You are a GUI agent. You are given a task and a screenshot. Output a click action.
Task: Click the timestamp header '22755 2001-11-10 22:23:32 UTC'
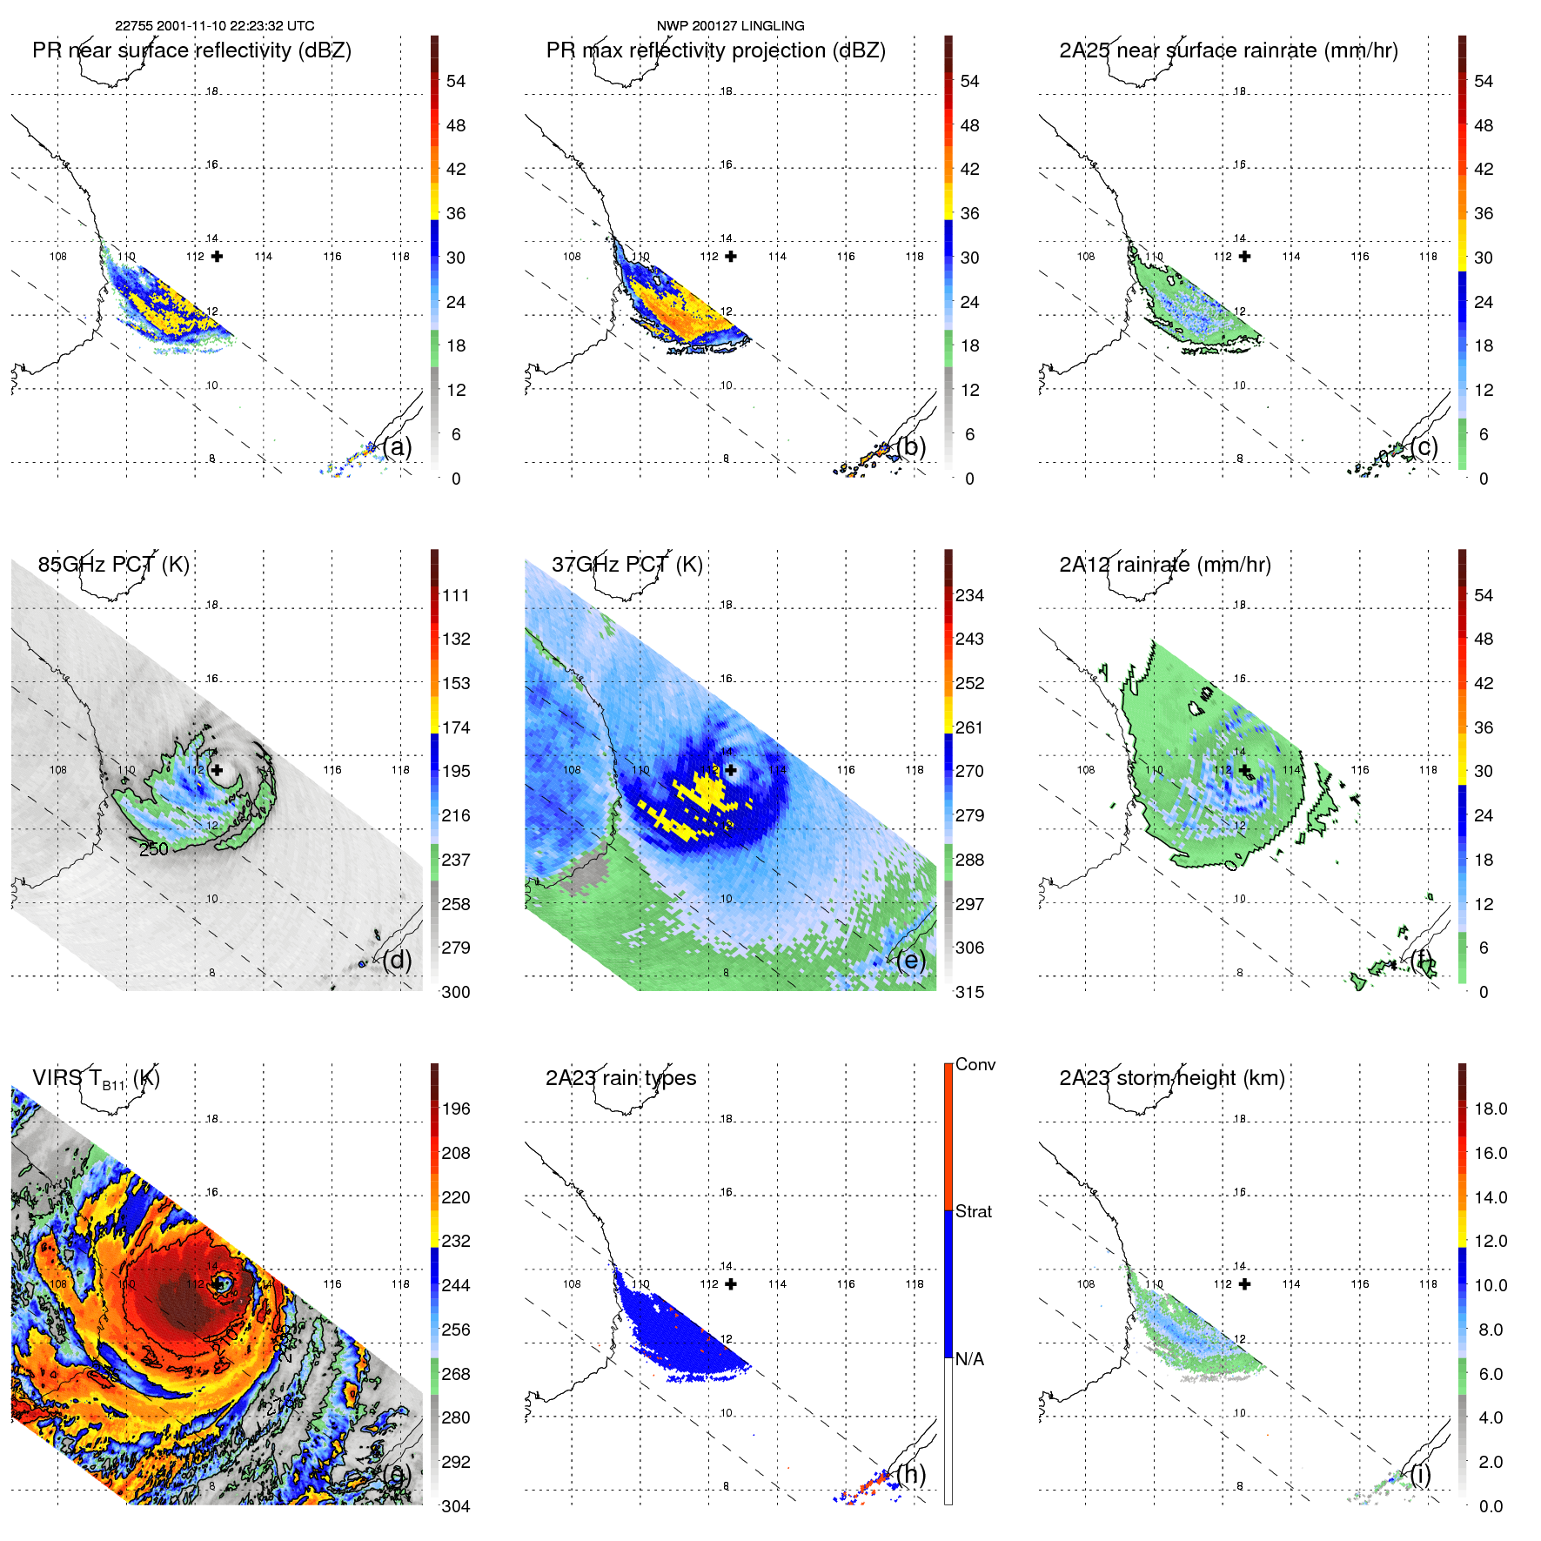click(215, 25)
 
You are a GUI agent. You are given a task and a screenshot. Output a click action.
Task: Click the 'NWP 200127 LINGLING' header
click(730, 25)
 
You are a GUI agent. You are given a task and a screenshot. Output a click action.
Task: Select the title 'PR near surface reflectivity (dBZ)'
click(191, 50)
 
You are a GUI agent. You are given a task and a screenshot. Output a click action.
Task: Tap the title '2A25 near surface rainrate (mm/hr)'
click(1228, 50)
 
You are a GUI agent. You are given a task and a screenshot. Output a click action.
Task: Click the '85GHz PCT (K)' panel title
click(113, 565)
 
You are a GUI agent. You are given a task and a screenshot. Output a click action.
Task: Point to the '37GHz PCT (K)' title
click(626, 565)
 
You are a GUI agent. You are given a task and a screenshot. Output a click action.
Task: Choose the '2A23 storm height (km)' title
click(1171, 1078)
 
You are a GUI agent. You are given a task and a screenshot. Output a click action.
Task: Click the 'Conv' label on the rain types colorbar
click(975, 1064)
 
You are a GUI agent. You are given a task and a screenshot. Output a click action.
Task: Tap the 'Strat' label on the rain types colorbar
click(973, 1211)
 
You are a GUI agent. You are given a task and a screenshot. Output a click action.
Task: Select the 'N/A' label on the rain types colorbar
click(969, 1359)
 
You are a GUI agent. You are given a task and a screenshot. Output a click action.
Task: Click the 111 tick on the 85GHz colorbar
click(455, 595)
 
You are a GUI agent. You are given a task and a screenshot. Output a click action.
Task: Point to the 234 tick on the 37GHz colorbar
click(969, 595)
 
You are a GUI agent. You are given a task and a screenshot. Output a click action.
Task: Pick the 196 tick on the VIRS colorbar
click(455, 1109)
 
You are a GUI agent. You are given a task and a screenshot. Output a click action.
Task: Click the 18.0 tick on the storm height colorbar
click(1490, 1109)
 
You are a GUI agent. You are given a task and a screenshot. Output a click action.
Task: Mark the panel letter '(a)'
click(397, 446)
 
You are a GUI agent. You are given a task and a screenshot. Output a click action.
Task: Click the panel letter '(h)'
click(911, 1474)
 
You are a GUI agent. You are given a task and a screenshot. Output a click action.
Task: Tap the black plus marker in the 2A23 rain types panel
click(731, 1283)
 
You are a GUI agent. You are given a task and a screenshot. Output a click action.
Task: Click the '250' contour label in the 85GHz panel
click(154, 848)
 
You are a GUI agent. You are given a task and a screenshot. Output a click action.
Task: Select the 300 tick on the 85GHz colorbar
click(455, 992)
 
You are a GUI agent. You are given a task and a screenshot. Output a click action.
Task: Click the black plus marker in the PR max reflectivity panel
click(731, 256)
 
